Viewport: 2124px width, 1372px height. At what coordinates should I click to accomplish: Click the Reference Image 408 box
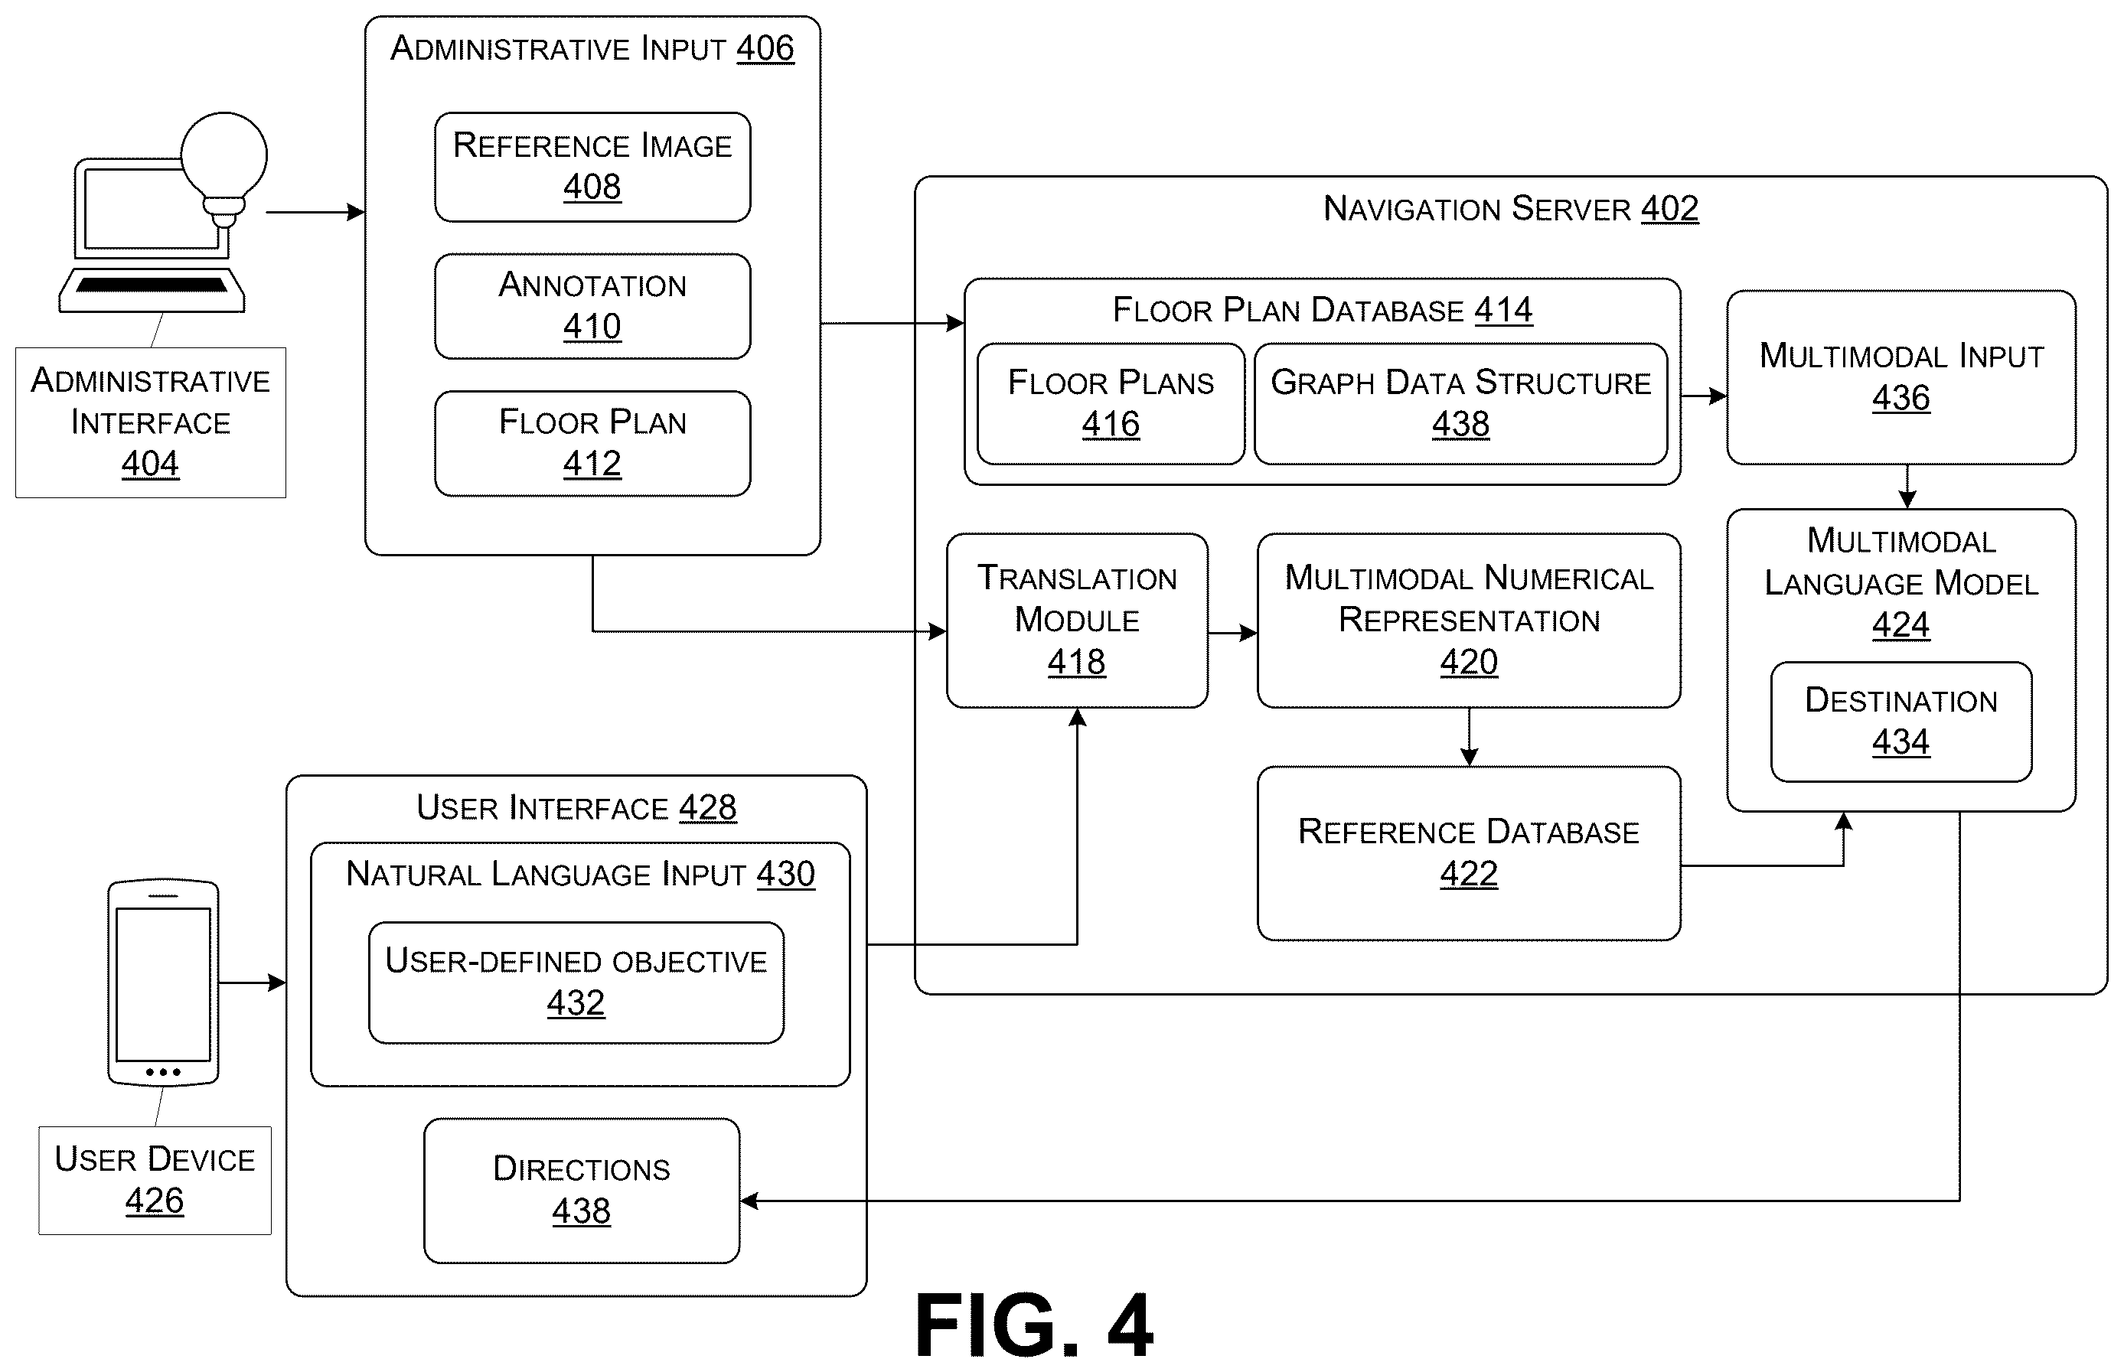click(x=592, y=167)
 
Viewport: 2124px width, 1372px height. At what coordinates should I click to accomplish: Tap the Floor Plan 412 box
click(x=592, y=444)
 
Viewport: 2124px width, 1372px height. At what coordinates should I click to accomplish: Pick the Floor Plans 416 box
click(x=1111, y=403)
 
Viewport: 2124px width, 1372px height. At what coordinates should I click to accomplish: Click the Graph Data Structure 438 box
click(x=1461, y=403)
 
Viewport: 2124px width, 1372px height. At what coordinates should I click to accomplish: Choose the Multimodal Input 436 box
click(x=1901, y=376)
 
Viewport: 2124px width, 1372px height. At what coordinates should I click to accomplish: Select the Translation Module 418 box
click(x=1077, y=621)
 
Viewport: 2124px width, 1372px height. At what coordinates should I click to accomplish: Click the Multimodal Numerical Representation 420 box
click(x=1469, y=621)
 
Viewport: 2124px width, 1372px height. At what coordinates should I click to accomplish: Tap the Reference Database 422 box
click(x=1469, y=853)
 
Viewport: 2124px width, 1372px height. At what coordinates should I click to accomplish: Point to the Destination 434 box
click(x=1901, y=722)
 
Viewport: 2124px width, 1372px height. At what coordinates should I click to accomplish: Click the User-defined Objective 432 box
click(x=576, y=983)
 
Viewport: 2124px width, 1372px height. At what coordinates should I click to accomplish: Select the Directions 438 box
click(x=582, y=1190)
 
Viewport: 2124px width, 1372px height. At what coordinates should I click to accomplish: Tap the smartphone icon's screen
click(x=163, y=985)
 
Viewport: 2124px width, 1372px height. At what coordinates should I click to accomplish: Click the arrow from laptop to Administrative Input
click(x=315, y=212)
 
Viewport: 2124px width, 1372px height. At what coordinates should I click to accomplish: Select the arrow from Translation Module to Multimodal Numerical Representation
click(x=1233, y=634)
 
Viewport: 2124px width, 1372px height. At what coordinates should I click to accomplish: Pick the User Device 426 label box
click(x=155, y=1181)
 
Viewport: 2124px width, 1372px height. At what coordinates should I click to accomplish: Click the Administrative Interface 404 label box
click(x=151, y=422)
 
